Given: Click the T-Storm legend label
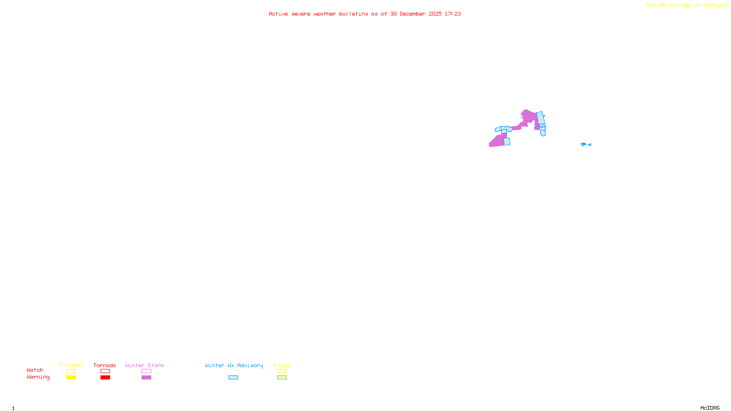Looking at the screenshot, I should pyautogui.click(x=70, y=365).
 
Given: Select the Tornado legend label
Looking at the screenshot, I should pyautogui.click(x=105, y=365).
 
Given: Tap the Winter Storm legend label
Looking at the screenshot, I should pyautogui.click(x=144, y=365).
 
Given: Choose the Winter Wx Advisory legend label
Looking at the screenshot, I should pyautogui.click(x=234, y=365).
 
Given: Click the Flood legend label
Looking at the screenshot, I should pyautogui.click(x=282, y=365).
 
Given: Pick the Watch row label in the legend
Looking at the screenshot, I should pyautogui.click(x=35, y=370).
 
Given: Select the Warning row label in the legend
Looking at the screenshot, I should pyautogui.click(x=38, y=377).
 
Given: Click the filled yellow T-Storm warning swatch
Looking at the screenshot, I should pyautogui.click(x=71, y=378).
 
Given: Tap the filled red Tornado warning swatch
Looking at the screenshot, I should pyautogui.click(x=106, y=378).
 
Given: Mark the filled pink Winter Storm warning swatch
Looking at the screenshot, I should pyautogui.click(x=146, y=378).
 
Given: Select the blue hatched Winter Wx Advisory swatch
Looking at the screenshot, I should pyautogui.click(x=233, y=378).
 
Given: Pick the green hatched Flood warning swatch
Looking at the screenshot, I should pyautogui.click(x=282, y=378).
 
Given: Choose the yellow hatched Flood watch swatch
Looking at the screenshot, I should pyautogui.click(x=282, y=371).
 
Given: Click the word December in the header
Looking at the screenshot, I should pyautogui.click(x=413, y=14).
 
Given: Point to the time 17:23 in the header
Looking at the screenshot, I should pyautogui.click(x=453, y=14).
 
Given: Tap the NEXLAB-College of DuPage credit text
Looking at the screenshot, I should pyautogui.click(x=684, y=5).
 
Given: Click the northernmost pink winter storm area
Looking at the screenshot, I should pyautogui.click(x=529, y=117).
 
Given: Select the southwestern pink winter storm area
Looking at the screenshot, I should pyautogui.click(x=497, y=141).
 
